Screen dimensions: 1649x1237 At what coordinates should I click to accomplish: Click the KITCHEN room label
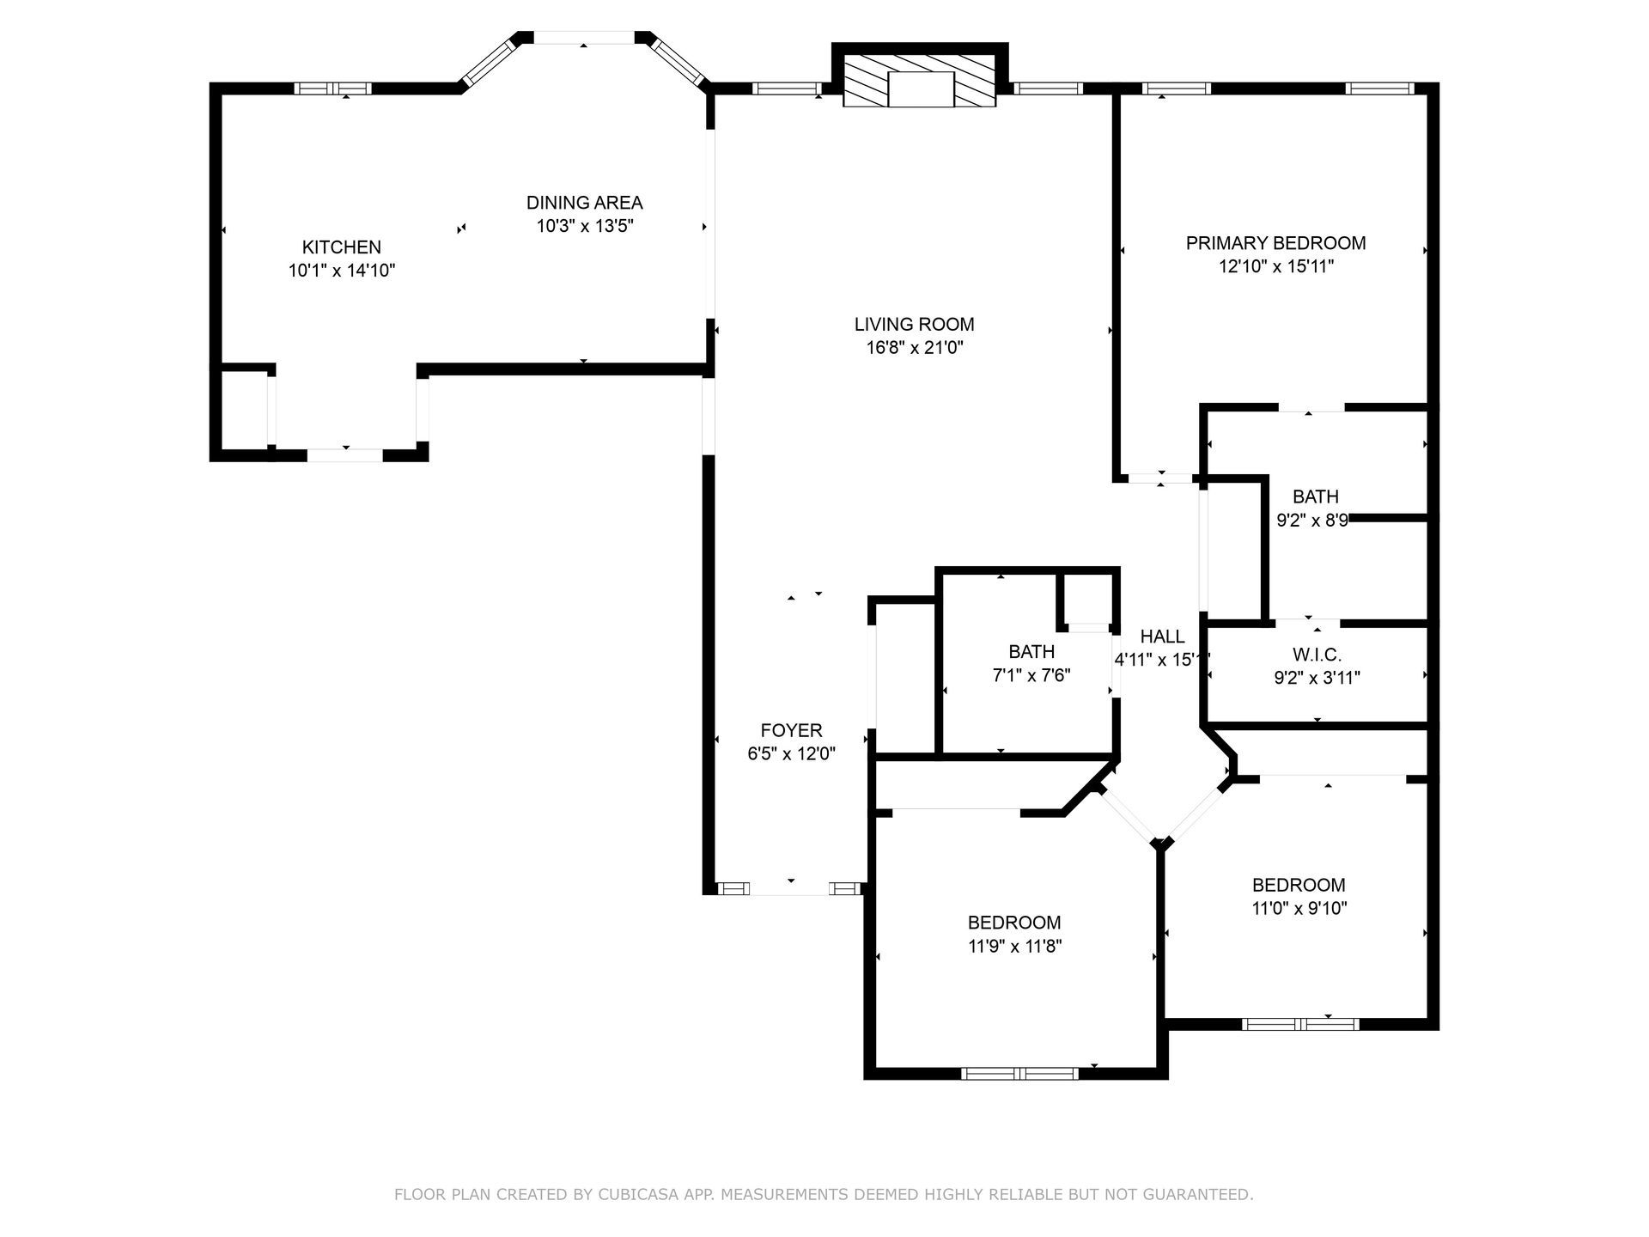pos(341,247)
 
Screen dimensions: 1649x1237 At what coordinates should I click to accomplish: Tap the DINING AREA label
pos(584,203)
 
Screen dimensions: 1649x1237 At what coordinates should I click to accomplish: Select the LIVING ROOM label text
pos(914,325)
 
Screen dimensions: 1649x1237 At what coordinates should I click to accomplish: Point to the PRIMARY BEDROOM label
pos(1275,243)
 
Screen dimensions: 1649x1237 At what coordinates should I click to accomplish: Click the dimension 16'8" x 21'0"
pos(915,348)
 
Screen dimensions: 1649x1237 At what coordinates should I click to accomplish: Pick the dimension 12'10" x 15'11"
pos(1275,266)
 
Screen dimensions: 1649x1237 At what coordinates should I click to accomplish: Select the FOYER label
pos(791,730)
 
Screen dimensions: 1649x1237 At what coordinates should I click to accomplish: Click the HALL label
pos(1162,637)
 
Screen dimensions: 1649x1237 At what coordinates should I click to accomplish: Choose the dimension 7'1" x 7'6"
pos(1031,675)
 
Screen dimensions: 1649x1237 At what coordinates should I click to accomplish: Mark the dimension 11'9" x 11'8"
pos(1014,946)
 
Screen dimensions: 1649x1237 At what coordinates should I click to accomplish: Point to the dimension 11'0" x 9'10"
pos(1299,908)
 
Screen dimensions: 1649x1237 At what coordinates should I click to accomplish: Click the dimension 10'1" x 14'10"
pos(342,271)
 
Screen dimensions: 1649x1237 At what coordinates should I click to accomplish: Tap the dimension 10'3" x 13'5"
pos(584,226)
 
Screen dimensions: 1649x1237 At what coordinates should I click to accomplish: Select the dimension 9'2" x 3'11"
pos(1317,678)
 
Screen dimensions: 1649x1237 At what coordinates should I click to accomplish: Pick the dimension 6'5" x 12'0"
pos(791,753)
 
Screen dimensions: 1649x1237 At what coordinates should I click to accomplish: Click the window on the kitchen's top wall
pos(332,88)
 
